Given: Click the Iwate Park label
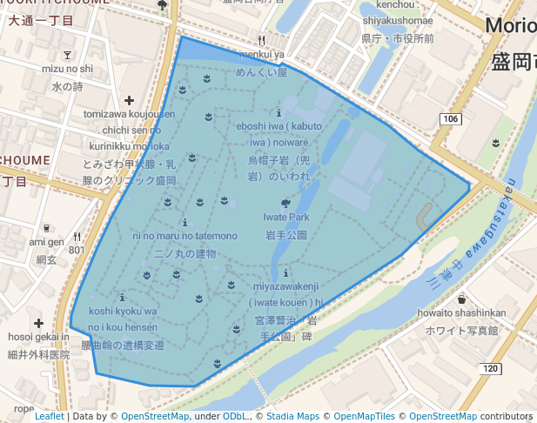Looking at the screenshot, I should (287, 217).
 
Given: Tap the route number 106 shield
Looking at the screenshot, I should (449, 118).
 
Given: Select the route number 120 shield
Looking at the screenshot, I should (490, 369).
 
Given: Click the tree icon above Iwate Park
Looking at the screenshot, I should (287, 202).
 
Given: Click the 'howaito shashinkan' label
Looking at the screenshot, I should (460, 313).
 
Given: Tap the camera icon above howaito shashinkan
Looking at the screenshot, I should (460, 299).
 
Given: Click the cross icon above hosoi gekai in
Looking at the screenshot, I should (38, 324).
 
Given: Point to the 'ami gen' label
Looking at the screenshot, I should (46, 241).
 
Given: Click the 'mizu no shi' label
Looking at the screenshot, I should (66, 68).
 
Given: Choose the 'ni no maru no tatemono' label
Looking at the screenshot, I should (185, 236).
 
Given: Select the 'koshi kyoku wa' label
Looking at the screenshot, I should (123, 311).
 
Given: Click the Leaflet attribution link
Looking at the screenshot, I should (49, 417).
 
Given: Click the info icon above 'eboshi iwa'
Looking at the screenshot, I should (279, 113).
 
